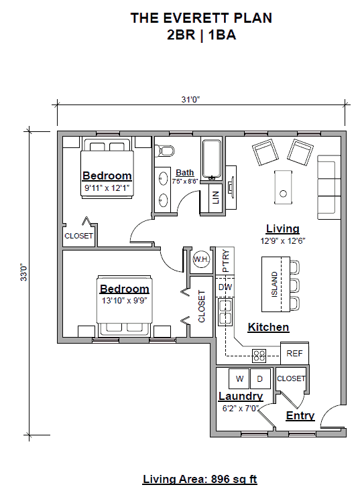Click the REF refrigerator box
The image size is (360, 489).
294,353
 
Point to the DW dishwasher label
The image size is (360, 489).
225,287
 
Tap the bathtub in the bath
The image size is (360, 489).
212,159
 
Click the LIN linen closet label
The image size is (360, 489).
215,198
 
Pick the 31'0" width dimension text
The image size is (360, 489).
190,100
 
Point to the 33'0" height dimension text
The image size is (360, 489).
23,275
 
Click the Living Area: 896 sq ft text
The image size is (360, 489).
200,479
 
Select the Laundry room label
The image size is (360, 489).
240,397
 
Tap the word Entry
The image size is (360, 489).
300,416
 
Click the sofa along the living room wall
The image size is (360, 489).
328,178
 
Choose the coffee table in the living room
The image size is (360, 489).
284,187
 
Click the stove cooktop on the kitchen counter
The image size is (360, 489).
259,354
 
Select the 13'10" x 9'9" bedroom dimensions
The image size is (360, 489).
125,300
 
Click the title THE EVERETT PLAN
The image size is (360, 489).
201,19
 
